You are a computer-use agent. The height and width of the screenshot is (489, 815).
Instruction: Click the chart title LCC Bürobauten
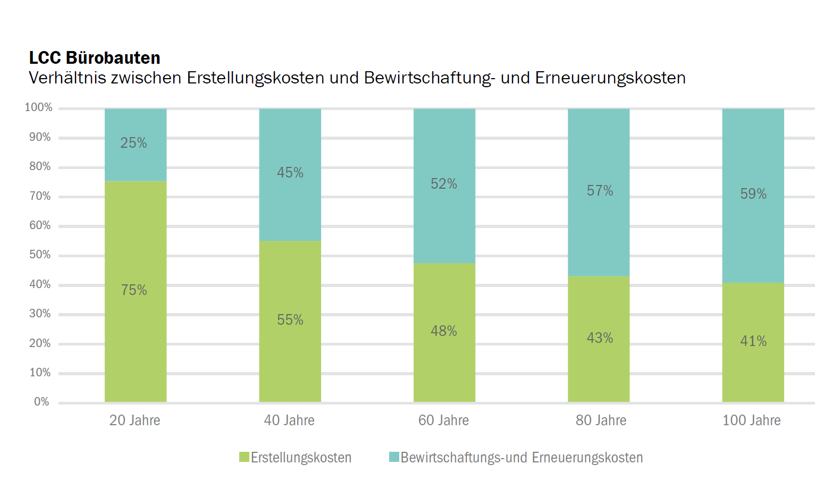click(95, 57)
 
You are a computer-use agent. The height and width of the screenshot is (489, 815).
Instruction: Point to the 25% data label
click(133, 143)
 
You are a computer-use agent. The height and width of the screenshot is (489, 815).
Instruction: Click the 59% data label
click(753, 194)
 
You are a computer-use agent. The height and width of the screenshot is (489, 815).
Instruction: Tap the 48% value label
click(444, 331)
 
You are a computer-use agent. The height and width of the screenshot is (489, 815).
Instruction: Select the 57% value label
click(600, 191)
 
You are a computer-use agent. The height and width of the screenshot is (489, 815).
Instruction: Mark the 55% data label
click(290, 320)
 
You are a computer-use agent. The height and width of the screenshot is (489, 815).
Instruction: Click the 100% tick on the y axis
click(39, 107)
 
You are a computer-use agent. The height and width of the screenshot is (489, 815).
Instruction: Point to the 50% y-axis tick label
click(40, 255)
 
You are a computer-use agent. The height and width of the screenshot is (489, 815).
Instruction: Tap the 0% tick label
click(41, 402)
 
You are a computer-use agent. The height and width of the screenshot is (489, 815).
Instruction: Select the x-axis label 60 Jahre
click(443, 420)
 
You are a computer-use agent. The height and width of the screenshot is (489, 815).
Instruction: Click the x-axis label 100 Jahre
click(751, 420)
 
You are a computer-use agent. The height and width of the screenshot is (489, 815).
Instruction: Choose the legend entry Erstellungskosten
click(301, 458)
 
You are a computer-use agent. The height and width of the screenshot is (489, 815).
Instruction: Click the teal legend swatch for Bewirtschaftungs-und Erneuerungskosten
click(394, 457)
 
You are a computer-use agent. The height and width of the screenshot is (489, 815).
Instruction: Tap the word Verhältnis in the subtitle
click(68, 78)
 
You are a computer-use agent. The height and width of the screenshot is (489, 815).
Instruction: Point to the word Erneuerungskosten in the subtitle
click(610, 78)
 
